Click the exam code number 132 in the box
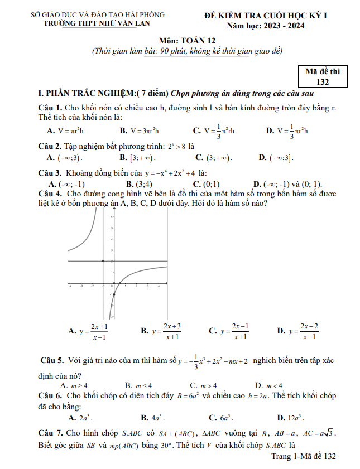[x=322, y=81]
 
